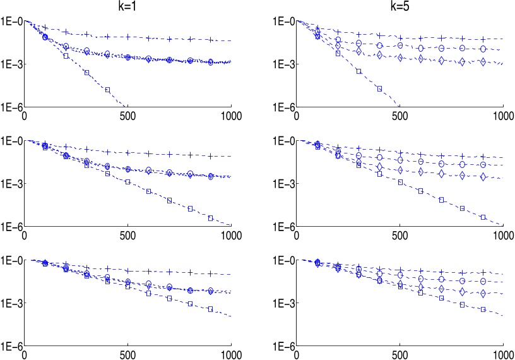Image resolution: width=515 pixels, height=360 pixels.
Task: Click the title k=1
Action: pos(127,6)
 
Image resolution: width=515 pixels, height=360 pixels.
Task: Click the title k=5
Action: pos(399,6)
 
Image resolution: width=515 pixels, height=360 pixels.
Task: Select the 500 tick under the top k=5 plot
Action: pos(400,116)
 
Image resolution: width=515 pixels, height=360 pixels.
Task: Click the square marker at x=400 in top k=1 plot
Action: pos(107,90)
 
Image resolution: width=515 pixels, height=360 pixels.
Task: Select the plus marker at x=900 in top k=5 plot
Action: pos(482,39)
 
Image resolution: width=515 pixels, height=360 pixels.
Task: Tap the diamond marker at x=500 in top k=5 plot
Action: pos(400,57)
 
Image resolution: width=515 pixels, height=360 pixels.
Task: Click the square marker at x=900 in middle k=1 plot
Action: pos(210,219)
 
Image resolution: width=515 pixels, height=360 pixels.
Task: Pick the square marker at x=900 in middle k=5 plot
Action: pos(482,217)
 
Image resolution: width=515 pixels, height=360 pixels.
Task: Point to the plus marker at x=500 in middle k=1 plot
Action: pos(127,153)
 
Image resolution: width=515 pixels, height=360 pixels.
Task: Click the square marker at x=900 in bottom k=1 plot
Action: pos(210,309)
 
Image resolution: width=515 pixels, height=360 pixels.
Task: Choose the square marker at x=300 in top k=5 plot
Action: pos(358,71)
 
